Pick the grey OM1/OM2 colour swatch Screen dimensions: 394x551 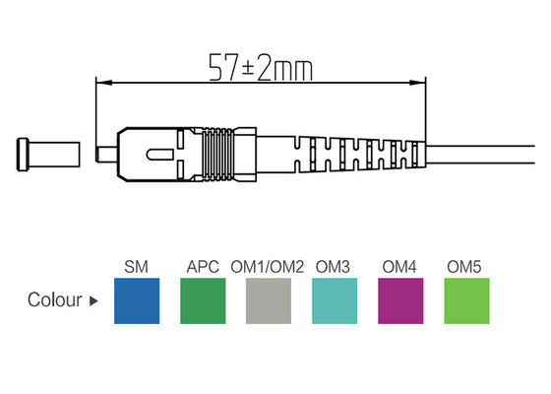pos(269,300)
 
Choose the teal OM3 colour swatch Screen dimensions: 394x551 pos(335,300)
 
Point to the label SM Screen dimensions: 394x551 pos(138,267)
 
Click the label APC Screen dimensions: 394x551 pos(202,267)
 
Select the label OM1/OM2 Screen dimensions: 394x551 pos(269,267)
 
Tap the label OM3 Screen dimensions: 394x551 pos(335,267)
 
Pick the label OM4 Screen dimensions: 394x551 pos(399,267)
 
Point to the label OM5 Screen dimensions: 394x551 pos(464,267)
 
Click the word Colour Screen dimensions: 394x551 pos(55,300)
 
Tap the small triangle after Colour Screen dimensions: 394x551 pos(94,300)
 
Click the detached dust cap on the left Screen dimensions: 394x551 pos(45,156)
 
